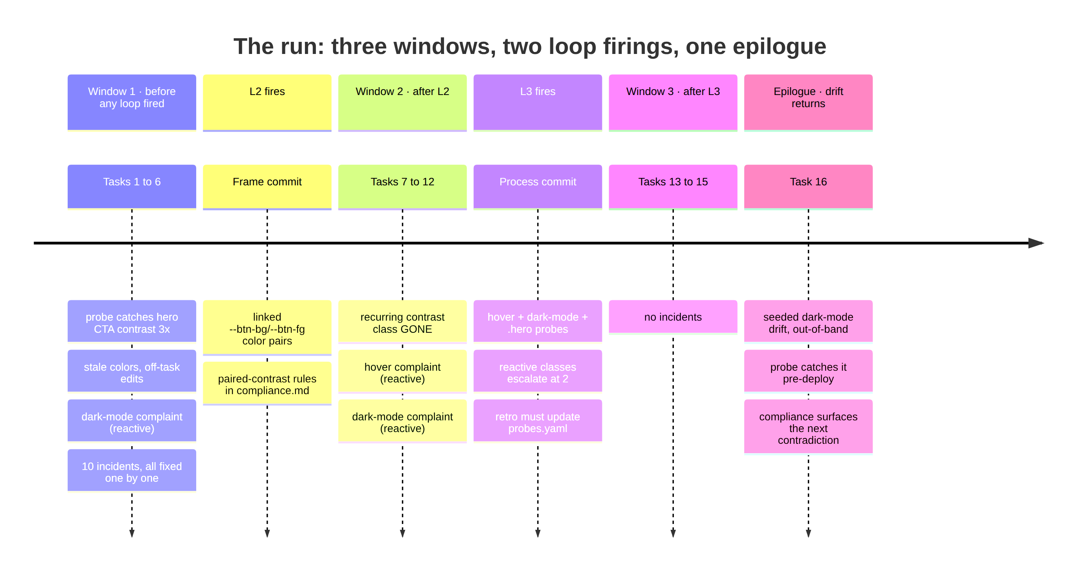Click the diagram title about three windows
[530, 46]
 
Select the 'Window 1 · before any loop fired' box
[132, 102]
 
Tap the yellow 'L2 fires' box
[267, 102]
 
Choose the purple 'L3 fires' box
[537, 102]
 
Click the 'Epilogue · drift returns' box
[808, 102]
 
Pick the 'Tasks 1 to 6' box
[132, 187]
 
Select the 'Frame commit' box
[267, 187]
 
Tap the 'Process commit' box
[537, 187]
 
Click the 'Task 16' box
[808, 187]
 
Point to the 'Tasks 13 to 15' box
[673, 187]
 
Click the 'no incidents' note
[673, 317]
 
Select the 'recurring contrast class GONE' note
[402, 322]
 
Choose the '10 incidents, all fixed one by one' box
[132, 471]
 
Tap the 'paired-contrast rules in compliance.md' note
[267, 384]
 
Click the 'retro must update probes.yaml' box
[537, 422]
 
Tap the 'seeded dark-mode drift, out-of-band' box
[808, 322]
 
